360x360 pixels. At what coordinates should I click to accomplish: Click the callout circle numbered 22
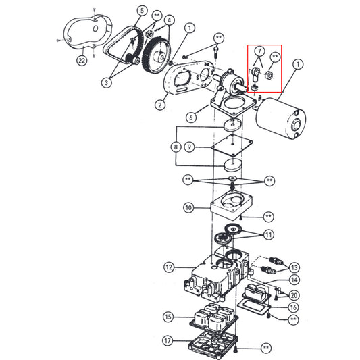(x=82, y=61)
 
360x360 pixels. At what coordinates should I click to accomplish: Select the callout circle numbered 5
(x=143, y=11)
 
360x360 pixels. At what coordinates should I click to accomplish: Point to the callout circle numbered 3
(x=107, y=83)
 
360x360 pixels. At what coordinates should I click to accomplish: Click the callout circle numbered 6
(x=191, y=117)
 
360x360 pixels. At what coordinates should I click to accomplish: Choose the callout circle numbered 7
(x=257, y=51)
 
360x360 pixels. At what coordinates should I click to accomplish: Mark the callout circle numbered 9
(x=190, y=147)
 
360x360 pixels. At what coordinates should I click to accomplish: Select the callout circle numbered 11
(x=269, y=234)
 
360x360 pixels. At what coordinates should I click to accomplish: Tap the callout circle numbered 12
(x=169, y=267)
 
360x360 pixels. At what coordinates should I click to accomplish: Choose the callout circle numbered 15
(x=168, y=316)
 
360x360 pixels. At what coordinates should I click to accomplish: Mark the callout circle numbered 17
(x=168, y=341)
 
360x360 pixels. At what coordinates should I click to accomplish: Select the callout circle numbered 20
(x=294, y=294)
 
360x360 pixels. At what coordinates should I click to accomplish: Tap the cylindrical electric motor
(x=280, y=119)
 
